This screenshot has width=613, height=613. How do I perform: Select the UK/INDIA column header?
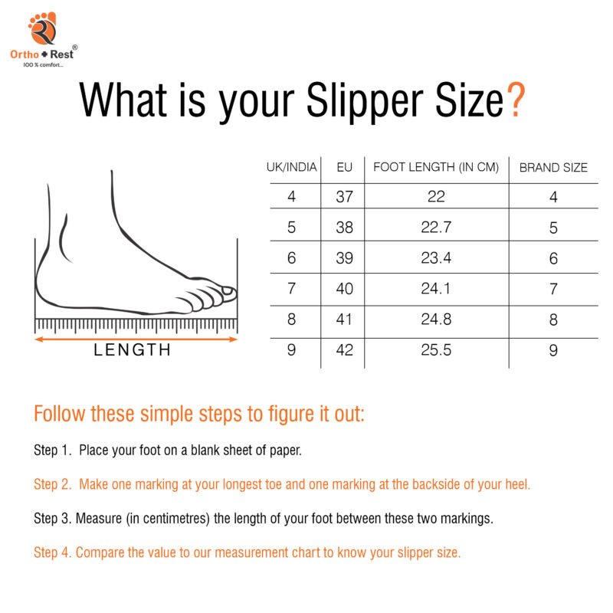point(291,167)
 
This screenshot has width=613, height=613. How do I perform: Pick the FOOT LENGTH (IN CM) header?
point(436,167)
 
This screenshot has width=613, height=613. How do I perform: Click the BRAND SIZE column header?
point(553,167)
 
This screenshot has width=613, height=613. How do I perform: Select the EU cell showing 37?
point(345,197)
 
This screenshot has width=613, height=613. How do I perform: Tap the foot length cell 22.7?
point(436,228)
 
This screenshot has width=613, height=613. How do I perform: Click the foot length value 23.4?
point(436,258)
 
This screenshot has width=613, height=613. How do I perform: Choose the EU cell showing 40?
point(345,289)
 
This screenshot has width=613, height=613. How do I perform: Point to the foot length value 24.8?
point(436,320)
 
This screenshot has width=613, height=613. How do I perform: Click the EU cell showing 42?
point(345,350)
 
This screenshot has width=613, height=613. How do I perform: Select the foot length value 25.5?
point(436,350)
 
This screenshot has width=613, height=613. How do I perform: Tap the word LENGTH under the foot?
point(133,351)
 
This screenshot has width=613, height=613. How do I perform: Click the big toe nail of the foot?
point(228,290)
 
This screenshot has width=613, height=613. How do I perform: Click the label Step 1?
point(52,450)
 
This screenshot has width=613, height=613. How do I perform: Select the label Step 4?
point(52,552)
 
